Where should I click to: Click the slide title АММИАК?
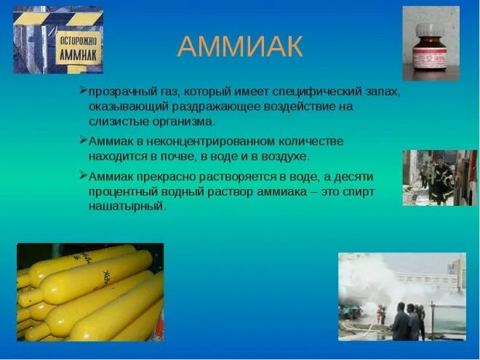pos(239,47)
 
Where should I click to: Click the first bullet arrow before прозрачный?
pos(83,92)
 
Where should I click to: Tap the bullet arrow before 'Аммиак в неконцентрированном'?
pos(83,140)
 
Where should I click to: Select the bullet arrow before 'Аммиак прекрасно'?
pos(83,175)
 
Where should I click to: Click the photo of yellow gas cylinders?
pos(89,292)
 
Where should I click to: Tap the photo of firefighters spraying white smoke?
pos(402,297)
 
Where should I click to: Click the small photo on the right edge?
pos(440,177)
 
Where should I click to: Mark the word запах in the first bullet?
pos(383,93)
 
